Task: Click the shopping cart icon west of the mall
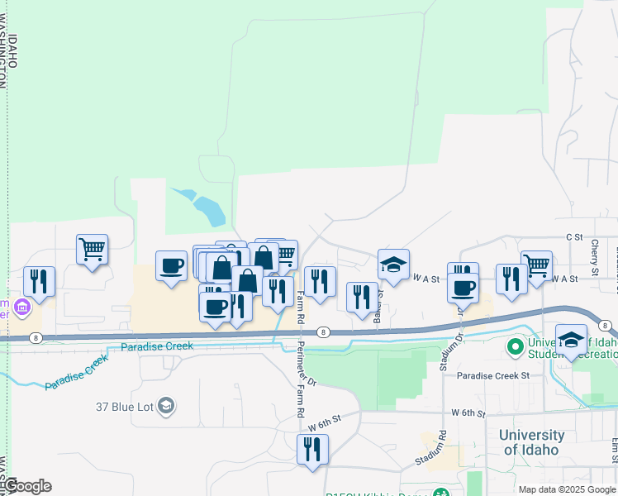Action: (x=93, y=248)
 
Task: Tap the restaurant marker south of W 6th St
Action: (x=312, y=449)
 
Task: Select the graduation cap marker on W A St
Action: (x=394, y=265)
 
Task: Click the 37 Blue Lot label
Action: (x=125, y=406)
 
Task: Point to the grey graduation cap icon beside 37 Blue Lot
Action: (x=166, y=406)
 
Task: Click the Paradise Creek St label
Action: (x=493, y=375)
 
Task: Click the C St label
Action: (x=574, y=236)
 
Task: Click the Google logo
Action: (x=28, y=486)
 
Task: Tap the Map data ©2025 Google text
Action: (x=567, y=489)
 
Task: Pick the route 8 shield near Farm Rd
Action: (x=324, y=332)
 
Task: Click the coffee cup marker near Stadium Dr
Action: (x=463, y=287)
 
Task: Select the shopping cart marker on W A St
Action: (x=536, y=265)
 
